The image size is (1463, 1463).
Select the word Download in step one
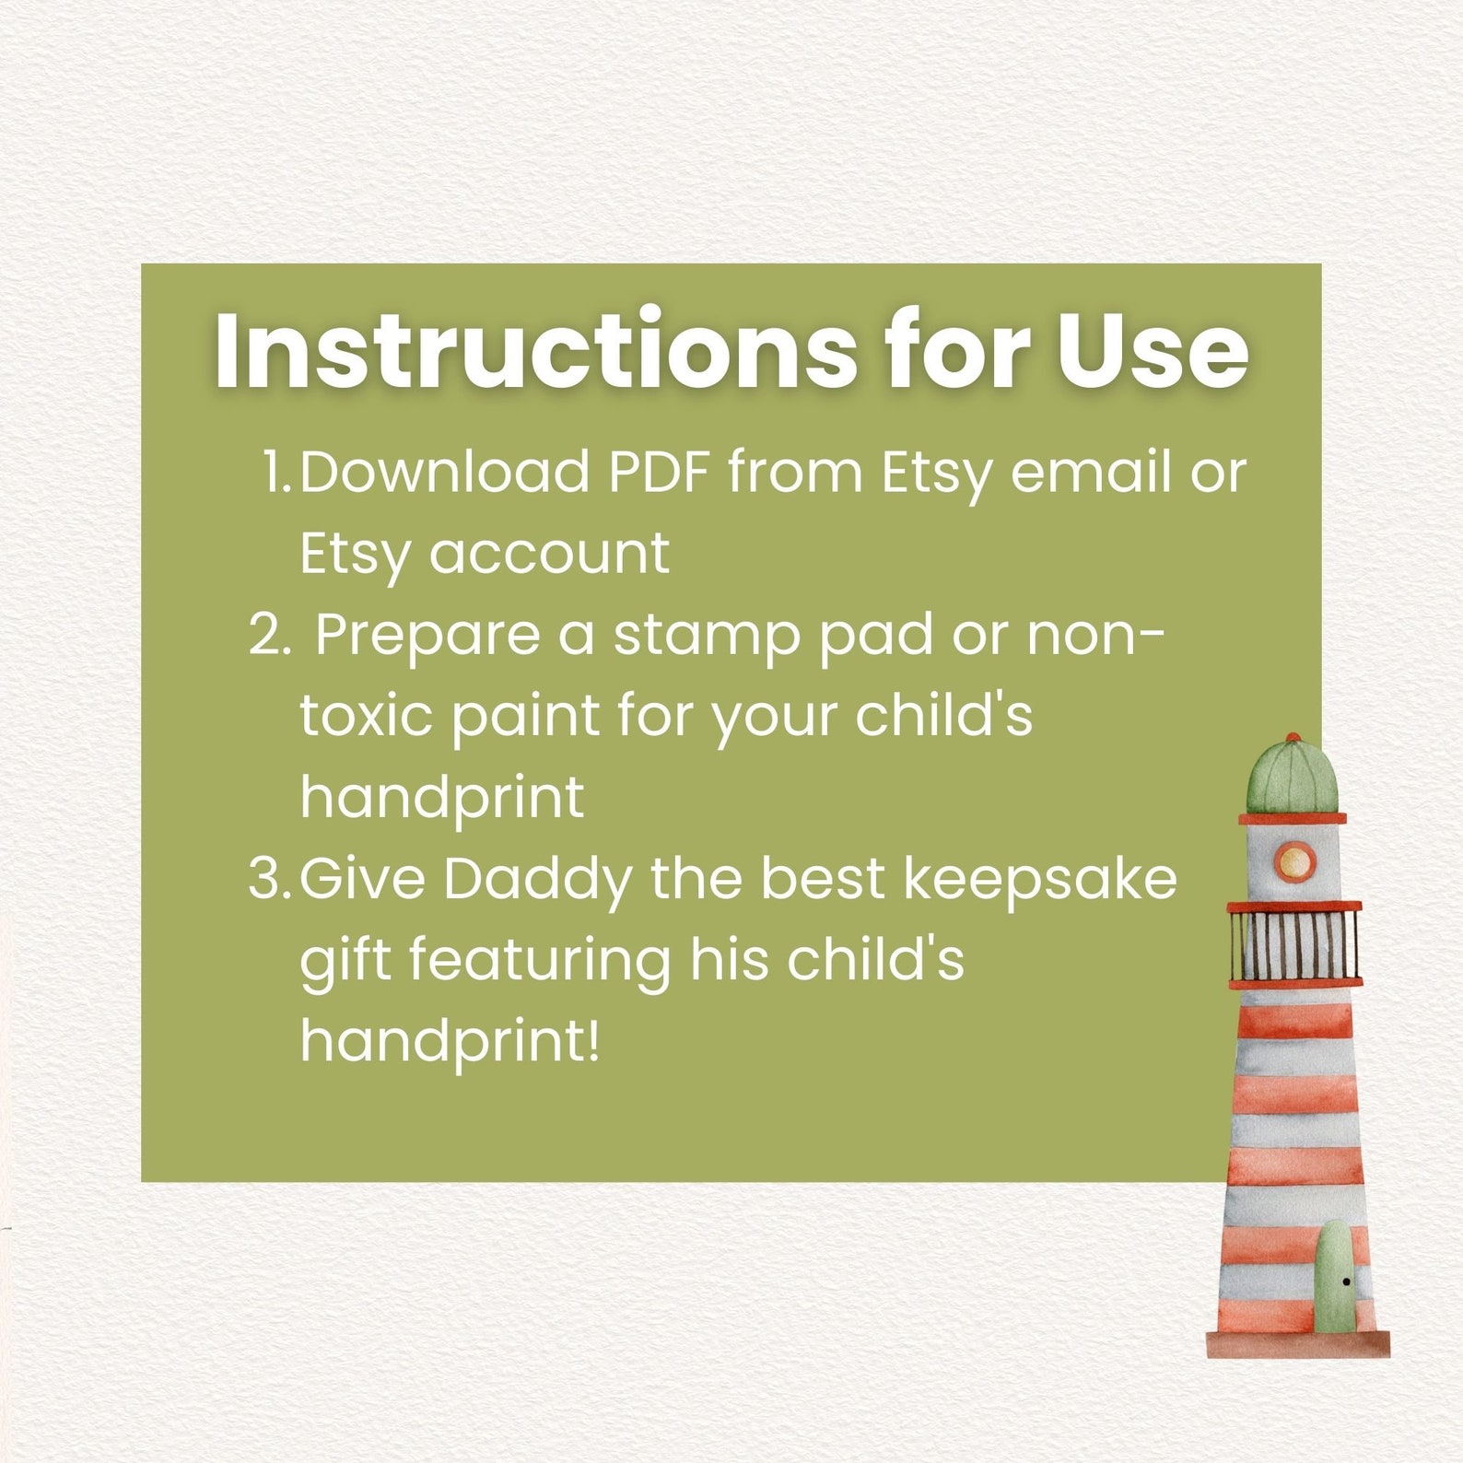444,472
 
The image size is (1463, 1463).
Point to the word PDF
660,472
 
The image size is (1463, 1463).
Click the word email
1088,472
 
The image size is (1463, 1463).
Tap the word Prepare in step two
427,636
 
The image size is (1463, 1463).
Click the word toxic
366,716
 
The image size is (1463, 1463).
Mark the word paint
526,716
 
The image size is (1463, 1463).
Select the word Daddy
537,880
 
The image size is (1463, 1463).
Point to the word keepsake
1040,880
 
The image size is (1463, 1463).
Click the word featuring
540,961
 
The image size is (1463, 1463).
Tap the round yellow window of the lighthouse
1293,861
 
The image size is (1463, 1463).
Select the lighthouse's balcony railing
1294,944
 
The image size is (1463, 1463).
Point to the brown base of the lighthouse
1297,1344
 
